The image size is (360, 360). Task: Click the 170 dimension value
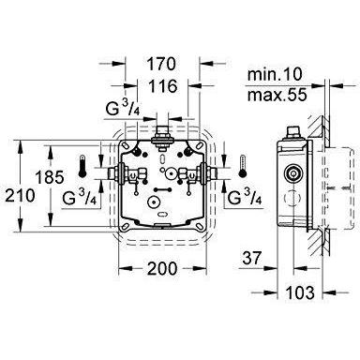[x=161, y=64]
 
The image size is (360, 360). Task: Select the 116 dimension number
[x=162, y=86]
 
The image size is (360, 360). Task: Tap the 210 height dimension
[x=19, y=196]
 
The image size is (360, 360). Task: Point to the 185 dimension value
[x=50, y=177]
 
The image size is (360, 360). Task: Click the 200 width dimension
[x=162, y=268]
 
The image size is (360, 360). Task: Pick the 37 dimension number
[x=250, y=259]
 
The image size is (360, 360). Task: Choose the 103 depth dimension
[x=300, y=292]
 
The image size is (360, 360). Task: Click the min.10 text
[x=275, y=75]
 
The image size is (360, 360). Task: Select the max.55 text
[x=277, y=95]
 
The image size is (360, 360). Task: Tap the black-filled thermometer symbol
[x=82, y=166]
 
